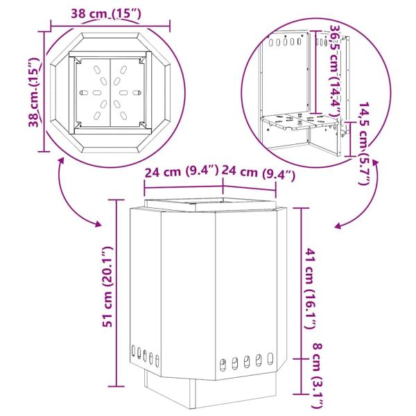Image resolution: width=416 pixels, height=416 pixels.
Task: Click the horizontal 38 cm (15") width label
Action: click(x=106, y=14)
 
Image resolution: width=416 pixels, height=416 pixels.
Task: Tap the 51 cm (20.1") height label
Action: click(x=108, y=287)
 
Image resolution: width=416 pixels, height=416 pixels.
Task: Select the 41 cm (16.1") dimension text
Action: click(x=311, y=288)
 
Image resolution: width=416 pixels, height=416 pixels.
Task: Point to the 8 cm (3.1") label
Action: click(x=318, y=379)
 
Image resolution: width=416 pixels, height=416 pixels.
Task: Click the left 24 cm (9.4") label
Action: click(x=182, y=172)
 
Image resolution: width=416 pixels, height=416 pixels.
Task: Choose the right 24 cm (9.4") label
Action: click(x=258, y=173)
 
